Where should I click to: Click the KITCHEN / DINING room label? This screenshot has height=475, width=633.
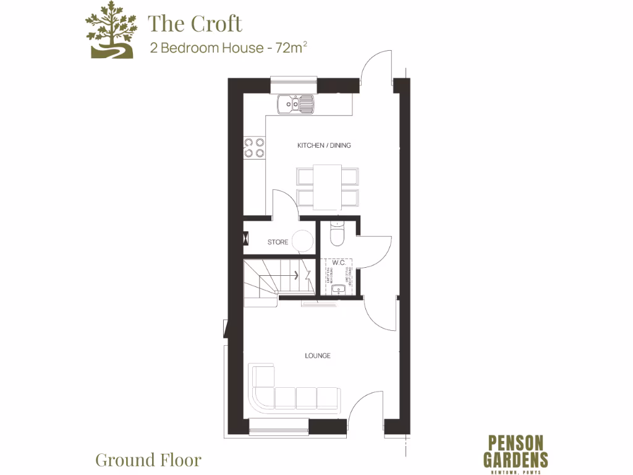tap(324, 145)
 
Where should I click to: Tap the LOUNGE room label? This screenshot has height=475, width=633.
tap(318, 356)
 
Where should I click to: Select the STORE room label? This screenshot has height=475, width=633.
tap(278, 242)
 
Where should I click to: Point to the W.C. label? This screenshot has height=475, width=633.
tap(338, 263)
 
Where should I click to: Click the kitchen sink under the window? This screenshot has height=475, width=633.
tap(295, 105)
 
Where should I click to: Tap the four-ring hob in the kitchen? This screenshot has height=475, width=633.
tap(254, 147)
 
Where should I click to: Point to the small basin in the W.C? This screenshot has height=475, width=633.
tap(338, 289)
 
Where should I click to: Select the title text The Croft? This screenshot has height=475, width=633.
tap(195, 24)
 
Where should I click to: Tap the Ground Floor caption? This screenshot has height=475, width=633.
tap(148, 460)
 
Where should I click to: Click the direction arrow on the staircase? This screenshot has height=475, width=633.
tap(297, 275)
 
